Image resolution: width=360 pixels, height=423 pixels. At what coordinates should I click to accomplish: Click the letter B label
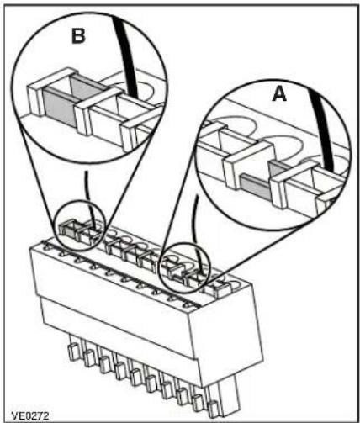pos(78,36)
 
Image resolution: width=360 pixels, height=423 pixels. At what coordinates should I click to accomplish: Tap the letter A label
pos(279,93)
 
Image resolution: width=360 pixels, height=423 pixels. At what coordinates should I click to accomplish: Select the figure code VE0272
pos(30,415)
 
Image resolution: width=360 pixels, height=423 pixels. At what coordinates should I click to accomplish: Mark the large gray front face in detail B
pos(60,108)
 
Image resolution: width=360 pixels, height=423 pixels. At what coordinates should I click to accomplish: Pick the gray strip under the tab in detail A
pos(256,186)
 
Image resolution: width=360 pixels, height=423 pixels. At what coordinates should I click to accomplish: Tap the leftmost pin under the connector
pos(72,352)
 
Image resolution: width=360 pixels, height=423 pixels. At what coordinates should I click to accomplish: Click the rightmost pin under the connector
pos(214,409)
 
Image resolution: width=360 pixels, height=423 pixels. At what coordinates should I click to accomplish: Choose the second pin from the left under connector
pos(88,358)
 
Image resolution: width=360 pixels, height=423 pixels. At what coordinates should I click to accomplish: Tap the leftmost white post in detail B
pos(36,98)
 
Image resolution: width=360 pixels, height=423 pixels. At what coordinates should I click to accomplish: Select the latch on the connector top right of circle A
pos(221,288)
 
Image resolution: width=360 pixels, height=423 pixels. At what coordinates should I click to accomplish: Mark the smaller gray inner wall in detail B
pos(83,87)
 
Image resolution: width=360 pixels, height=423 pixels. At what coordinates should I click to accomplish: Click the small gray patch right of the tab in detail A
pos(278,167)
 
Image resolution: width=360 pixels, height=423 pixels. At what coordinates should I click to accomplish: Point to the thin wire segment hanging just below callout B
pos(87,186)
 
